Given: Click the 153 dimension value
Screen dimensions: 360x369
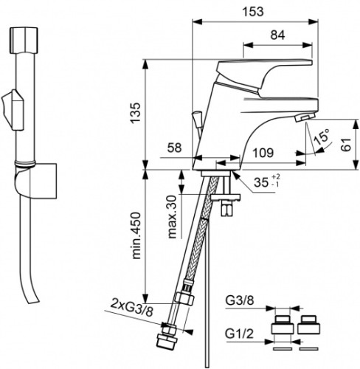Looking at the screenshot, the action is click(x=253, y=11).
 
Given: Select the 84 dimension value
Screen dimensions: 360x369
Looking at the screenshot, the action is click(x=277, y=35).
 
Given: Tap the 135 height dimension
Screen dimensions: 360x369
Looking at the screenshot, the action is click(x=136, y=112).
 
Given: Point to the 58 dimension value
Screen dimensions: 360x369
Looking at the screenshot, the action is click(x=175, y=148).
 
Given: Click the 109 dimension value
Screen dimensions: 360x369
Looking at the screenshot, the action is click(x=263, y=153).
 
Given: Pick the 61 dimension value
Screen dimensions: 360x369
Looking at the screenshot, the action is click(x=346, y=145).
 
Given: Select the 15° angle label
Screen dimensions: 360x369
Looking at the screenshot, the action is click(x=322, y=137).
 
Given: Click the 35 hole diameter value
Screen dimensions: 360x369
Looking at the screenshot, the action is click(x=261, y=182).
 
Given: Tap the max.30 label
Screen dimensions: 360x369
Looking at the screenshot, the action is click(x=173, y=217).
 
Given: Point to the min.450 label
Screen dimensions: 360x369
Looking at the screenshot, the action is click(x=136, y=235).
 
